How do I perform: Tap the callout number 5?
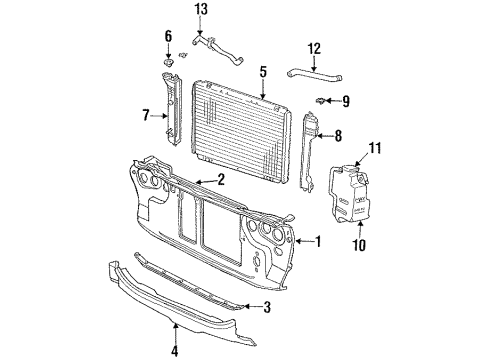click(263, 72)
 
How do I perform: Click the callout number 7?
click(147, 116)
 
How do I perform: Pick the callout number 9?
click(347, 100)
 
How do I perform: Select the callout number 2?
click(221, 181)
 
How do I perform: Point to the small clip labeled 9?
click(323, 100)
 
